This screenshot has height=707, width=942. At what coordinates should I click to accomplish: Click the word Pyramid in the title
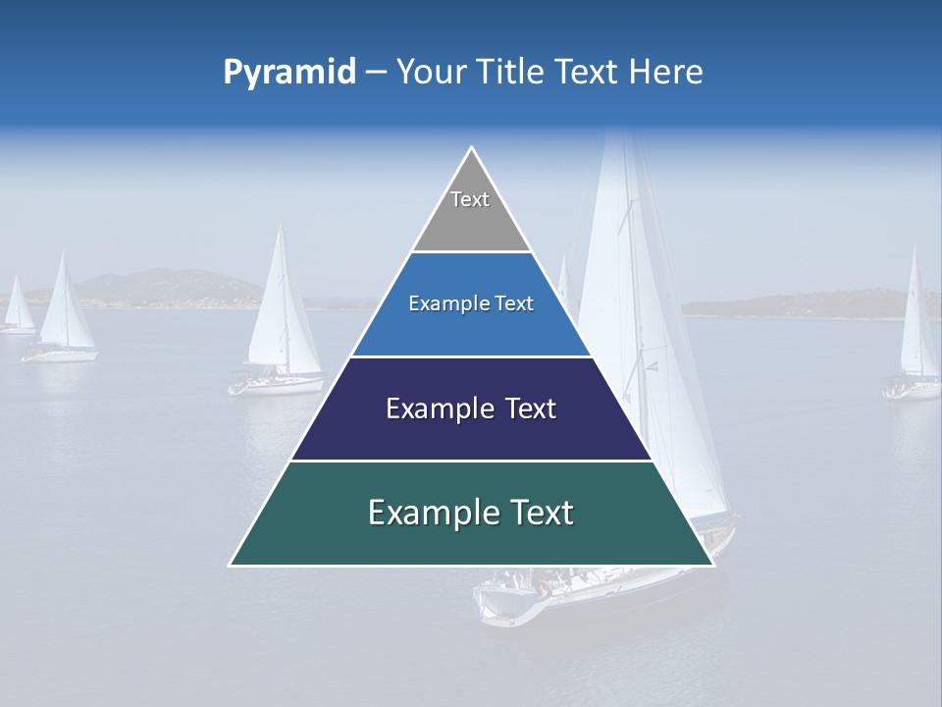pos(288,73)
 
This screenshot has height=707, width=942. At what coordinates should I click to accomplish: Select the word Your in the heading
pos(432,72)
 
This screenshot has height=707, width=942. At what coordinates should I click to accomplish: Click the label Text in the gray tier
pos(470,199)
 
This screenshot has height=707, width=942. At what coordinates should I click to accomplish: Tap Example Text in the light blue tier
pos(471,303)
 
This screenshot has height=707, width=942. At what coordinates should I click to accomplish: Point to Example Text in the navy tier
pos(471,408)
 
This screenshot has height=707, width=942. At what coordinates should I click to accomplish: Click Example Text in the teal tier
pos(471,513)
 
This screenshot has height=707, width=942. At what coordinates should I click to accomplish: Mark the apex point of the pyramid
pos(472,148)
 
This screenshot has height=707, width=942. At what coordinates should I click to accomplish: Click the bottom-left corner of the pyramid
pos(231,565)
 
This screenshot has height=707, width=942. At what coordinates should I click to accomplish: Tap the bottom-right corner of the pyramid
pos(712,565)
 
